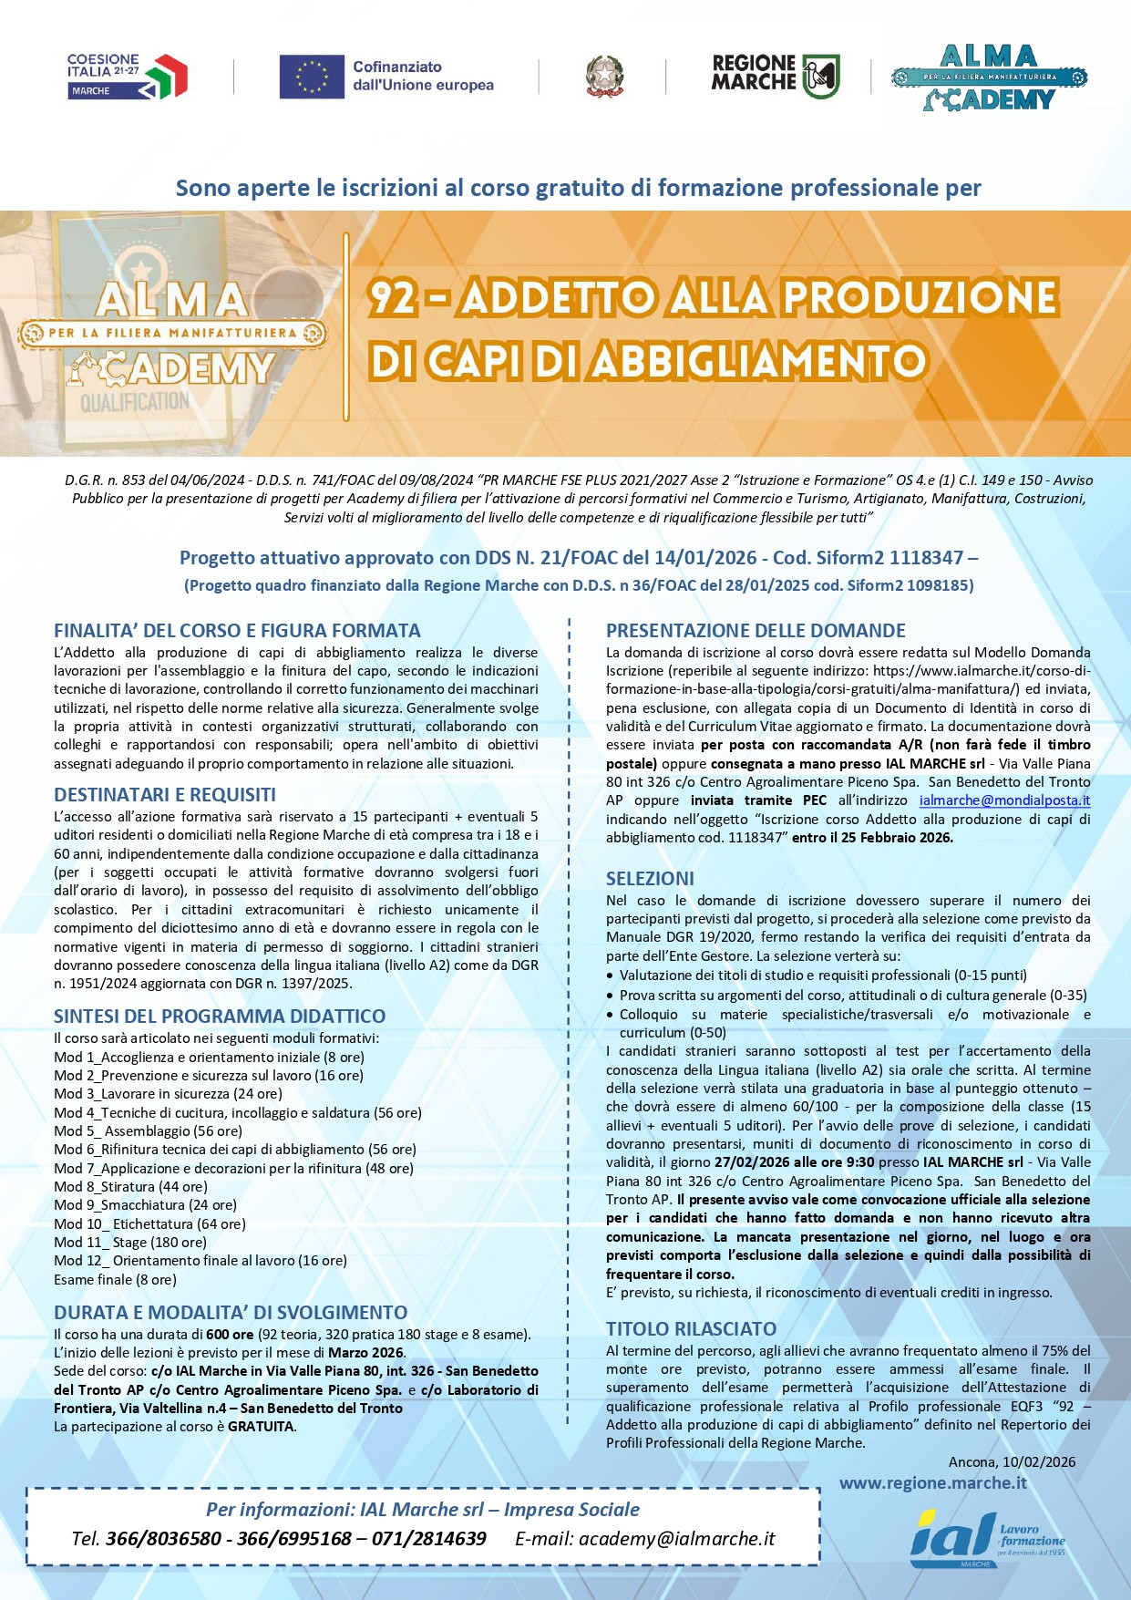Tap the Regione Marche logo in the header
(x=775, y=75)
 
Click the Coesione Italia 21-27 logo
(x=127, y=76)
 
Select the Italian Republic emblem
(x=604, y=77)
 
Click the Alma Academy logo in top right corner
(x=989, y=77)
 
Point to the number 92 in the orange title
(x=393, y=298)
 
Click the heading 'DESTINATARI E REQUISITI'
(x=165, y=794)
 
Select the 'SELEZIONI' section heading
(x=650, y=878)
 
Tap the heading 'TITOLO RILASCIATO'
(x=691, y=1328)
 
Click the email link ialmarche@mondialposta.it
(x=1004, y=800)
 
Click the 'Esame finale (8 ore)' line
(x=115, y=1279)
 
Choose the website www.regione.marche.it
(x=932, y=1482)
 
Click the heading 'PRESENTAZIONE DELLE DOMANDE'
(x=756, y=630)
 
